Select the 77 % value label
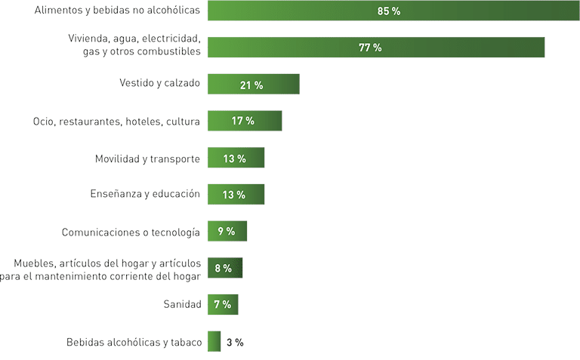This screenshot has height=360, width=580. pyautogui.click(x=370, y=48)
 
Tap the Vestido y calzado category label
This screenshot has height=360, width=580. pyautogui.click(x=159, y=83)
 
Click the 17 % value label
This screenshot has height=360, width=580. pyautogui.click(x=243, y=121)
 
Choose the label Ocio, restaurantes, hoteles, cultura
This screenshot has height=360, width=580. pyautogui.click(x=116, y=121)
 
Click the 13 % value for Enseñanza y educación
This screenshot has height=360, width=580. pyautogui.click(x=234, y=195)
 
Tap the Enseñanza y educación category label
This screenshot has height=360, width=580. pyautogui.click(x=145, y=194)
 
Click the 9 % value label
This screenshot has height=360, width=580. pyautogui.click(x=227, y=232)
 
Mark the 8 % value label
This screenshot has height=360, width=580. pyautogui.click(x=223, y=269)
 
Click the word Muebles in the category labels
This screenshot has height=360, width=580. pyautogui.click(x=32, y=263)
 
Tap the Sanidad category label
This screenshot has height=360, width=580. pyautogui.click(x=182, y=305)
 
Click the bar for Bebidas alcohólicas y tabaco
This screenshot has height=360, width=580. pyautogui.click(x=214, y=342)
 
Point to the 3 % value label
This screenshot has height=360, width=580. pyautogui.click(x=235, y=342)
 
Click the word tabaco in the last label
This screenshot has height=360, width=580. pyautogui.click(x=185, y=343)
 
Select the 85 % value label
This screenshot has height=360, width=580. pyautogui.click(x=389, y=11)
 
